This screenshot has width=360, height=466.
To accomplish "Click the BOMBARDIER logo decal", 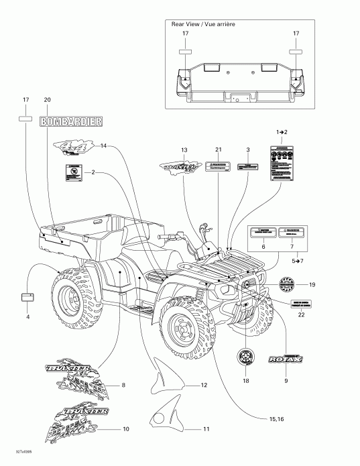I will [x=72, y=121].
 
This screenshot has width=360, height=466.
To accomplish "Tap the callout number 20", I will [x=47, y=100].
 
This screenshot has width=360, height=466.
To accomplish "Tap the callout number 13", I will [x=184, y=149].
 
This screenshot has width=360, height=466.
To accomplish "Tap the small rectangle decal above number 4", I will [x=28, y=296].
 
